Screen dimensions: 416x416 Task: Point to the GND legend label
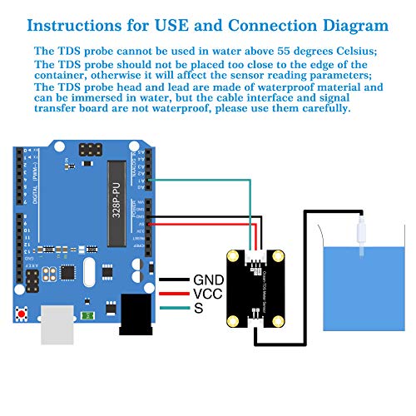208,280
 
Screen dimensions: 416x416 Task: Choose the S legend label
198,309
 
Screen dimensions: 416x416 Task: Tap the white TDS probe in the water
362,237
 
